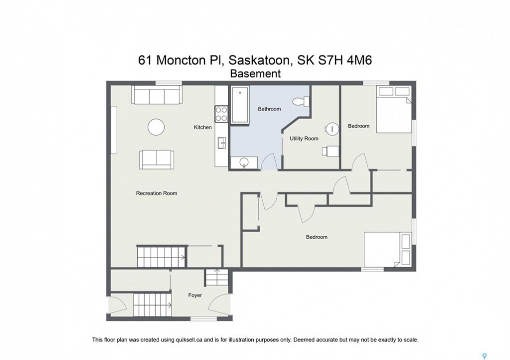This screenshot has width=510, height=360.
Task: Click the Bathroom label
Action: tap(269, 109)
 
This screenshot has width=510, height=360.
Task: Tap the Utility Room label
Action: tap(304, 138)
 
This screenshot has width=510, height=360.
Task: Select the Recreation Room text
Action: tap(157, 193)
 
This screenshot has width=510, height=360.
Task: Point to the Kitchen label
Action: tap(203, 127)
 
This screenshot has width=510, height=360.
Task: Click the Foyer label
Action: tap(195, 295)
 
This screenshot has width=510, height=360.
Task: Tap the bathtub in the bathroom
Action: tap(240, 104)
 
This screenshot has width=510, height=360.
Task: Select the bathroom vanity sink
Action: tap(244, 162)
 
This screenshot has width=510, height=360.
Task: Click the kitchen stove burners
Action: tap(221, 113)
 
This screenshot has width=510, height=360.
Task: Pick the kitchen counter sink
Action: tap(222, 142)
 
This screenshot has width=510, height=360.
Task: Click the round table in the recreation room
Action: tap(156, 127)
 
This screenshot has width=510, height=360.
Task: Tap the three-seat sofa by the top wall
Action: tap(157, 94)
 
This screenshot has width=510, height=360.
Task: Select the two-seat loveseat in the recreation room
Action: tap(157, 159)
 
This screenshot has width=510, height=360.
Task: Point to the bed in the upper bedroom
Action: tap(394, 109)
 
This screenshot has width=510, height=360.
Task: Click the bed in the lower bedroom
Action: tap(388, 249)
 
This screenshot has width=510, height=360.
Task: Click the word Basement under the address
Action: tap(255, 74)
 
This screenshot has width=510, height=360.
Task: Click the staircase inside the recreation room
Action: tap(161, 256)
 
